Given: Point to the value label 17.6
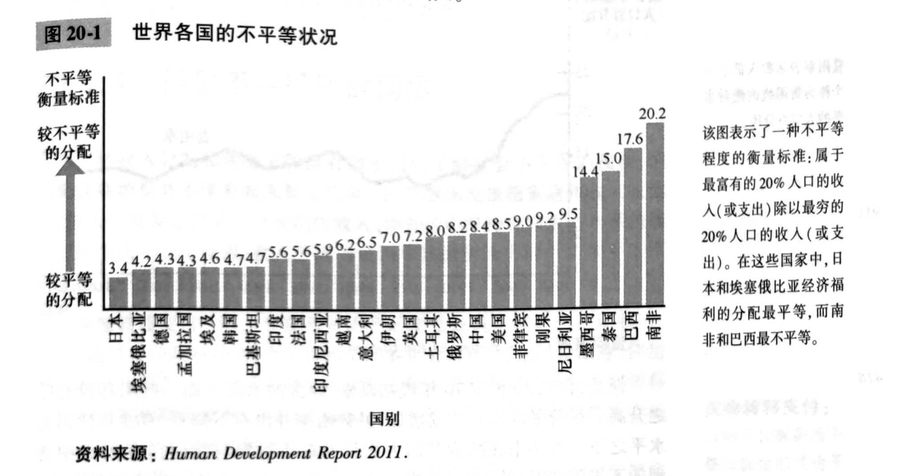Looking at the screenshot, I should pyautogui.click(x=630, y=140).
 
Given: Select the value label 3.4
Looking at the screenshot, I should pyautogui.click(x=118, y=268).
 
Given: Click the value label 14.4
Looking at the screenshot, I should pyautogui.click(x=585, y=172).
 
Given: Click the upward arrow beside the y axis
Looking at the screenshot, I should pyautogui.click(x=70, y=213).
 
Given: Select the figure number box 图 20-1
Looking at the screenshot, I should pyautogui.click(x=73, y=34).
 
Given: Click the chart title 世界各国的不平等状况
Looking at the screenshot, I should pyautogui.click(x=234, y=35).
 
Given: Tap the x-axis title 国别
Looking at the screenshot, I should pyautogui.click(x=384, y=418).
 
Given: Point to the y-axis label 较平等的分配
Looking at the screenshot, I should pyautogui.click(x=69, y=290).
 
